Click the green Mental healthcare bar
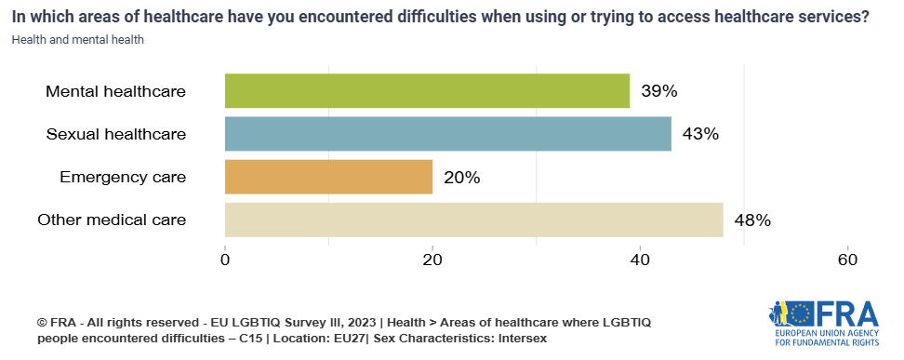pyautogui.click(x=427, y=91)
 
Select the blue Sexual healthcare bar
pyautogui.click(x=447, y=134)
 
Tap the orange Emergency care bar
pyautogui.click(x=328, y=177)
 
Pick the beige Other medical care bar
pyautogui.click(x=473, y=220)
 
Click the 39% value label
pyautogui.click(x=658, y=91)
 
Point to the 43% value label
pyautogui.click(x=700, y=134)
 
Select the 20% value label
pyautogui.click(x=461, y=177)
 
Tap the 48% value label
pyautogui.click(x=751, y=220)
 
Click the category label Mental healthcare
pyautogui.click(x=116, y=91)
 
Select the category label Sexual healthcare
pyautogui.click(x=116, y=134)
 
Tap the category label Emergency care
pyautogui.click(x=123, y=177)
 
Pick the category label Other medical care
pyautogui.click(x=112, y=220)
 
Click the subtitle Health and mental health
pyautogui.click(x=78, y=40)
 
